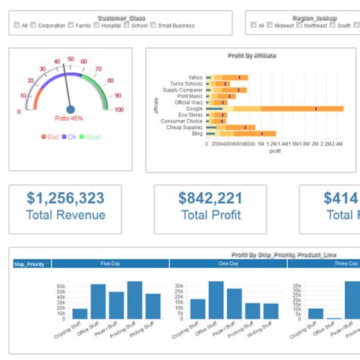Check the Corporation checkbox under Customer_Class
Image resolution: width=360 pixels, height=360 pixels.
pos(33,25)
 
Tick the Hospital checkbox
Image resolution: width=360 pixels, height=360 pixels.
pos(96,25)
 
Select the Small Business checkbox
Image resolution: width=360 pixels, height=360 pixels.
pos(153,25)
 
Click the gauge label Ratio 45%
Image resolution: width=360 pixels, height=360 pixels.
pos(69,118)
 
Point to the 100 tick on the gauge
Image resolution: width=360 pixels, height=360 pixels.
pos(118,110)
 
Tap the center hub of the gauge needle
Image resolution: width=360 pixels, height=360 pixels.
pos(71,109)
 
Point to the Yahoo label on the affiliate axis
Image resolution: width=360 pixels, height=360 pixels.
pos(196,77)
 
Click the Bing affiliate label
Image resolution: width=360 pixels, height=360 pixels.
pos(197,134)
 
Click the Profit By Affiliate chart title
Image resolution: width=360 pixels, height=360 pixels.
pos(251,55)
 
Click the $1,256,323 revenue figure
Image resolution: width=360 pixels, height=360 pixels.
pos(65,199)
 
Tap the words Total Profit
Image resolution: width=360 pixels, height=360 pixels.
pos(210,215)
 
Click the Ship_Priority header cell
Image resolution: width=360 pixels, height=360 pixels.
pos(30,264)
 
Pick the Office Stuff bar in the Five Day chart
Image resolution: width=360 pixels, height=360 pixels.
pos(98,301)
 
